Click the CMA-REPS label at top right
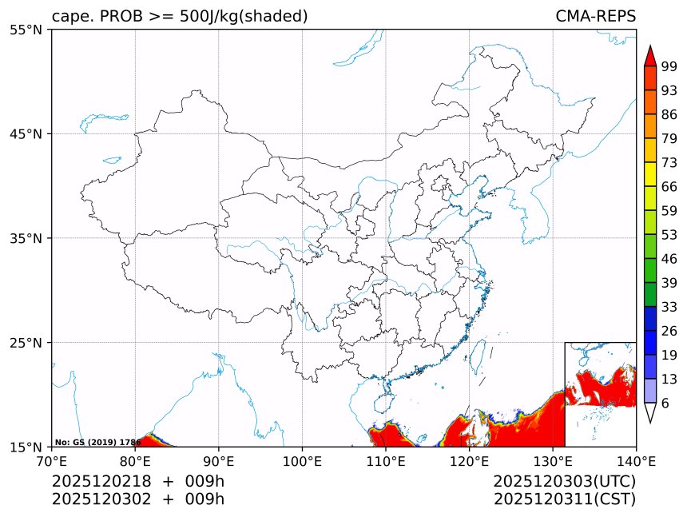point(595,17)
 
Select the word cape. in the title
point(70,17)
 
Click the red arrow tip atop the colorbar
point(650,54)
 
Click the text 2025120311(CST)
point(564,499)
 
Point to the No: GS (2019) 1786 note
point(97,442)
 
